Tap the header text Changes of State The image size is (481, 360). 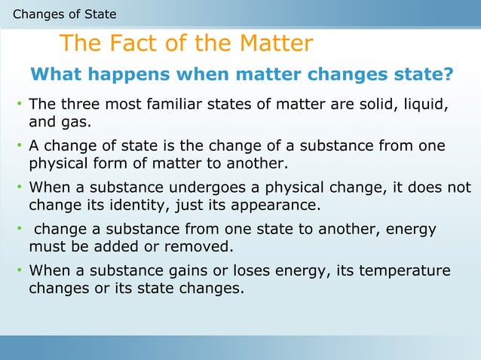point(65,14)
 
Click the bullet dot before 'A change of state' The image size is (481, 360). point(19,145)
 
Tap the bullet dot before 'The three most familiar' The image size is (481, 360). point(19,104)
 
